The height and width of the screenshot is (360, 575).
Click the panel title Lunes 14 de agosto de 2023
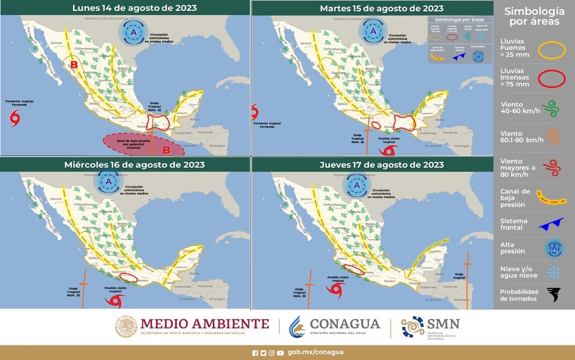coord(134,8)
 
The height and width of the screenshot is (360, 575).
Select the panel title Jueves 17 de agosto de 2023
coord(381,164)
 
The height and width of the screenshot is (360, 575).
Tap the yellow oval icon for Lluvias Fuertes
coord(551,50)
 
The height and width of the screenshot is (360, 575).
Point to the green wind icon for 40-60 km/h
coord(551,108)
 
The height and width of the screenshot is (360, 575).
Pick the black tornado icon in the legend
coord(554,295)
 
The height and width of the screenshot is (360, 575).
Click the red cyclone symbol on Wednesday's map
coord(115,300)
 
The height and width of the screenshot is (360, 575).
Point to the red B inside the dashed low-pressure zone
coord(166,150)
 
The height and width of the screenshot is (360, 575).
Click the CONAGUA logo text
coord(345,324)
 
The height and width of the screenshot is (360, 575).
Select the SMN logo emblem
coord(412,327)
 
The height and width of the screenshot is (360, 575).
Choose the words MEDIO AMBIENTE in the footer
coord(205,324)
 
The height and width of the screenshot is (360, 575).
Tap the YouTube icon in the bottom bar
coord(281,353)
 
